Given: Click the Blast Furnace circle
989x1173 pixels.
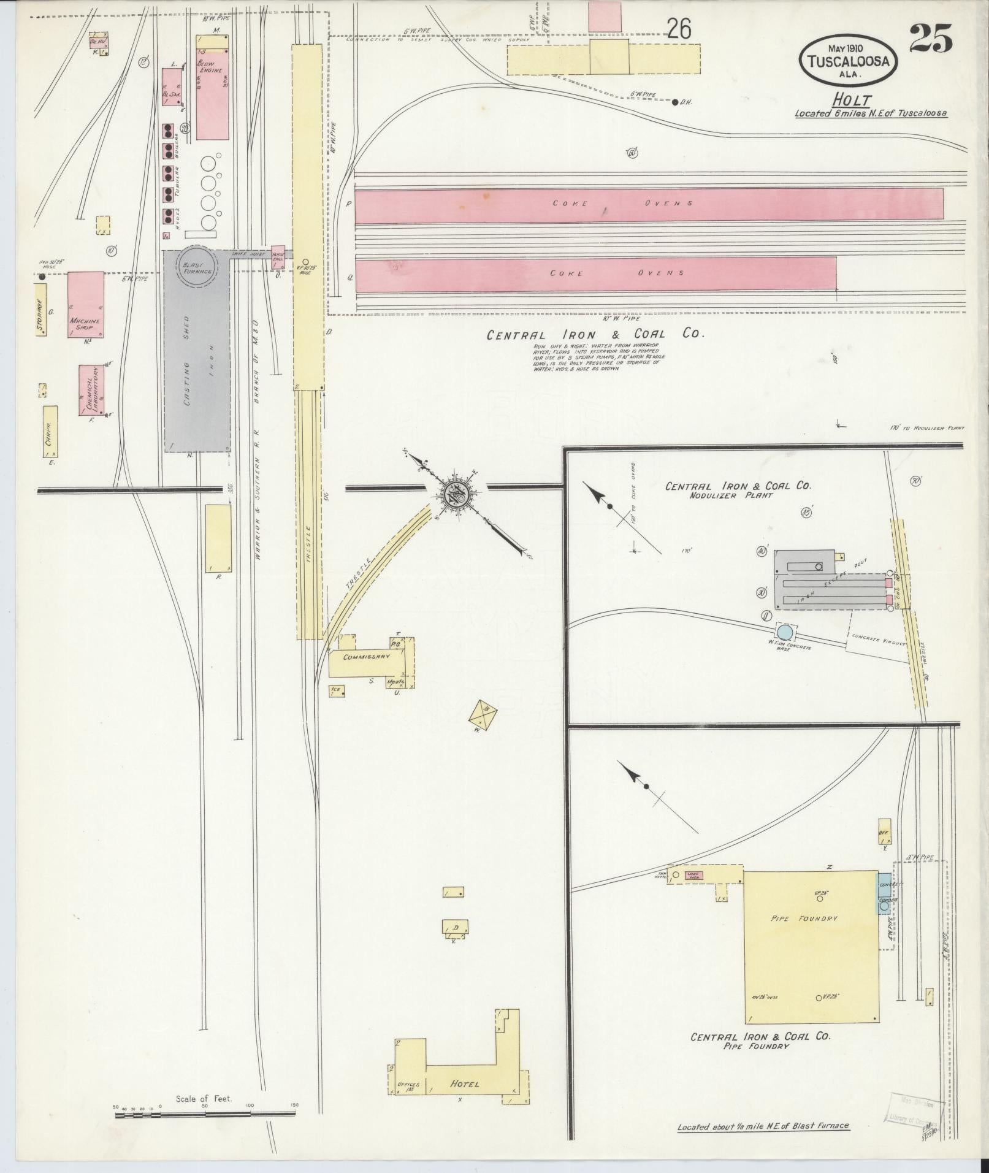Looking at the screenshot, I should tap(197, 267).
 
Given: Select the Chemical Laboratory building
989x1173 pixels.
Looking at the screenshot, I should tap(91, 391).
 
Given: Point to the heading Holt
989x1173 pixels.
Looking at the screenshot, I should tap(852, 100).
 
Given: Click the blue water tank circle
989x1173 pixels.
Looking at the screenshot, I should tap(784, 631).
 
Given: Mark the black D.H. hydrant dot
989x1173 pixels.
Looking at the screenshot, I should tap(675, 102).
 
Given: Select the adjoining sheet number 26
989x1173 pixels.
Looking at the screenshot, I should tap(679, 29).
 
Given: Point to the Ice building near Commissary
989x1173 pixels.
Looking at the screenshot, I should tap(337, 690).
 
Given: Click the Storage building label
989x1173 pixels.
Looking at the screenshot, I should tap(40, 315).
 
